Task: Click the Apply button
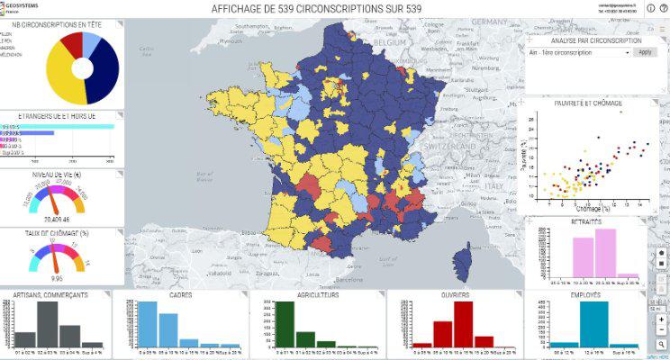(645, 52)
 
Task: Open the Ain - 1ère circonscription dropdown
(579, 52)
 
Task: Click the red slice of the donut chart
(72, 42)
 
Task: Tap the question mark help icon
(663, 7)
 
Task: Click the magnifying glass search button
(661, 343)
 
